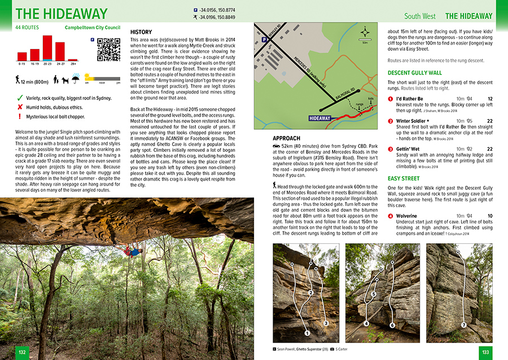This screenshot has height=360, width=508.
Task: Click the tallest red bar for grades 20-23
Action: tap(47, 48)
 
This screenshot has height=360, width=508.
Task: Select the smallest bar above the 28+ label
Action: tap(73, 59)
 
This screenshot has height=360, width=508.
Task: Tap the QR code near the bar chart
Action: tap(108, 50)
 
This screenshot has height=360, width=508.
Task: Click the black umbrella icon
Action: tap(77, 80)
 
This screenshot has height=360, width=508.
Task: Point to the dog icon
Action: tap(65, 81)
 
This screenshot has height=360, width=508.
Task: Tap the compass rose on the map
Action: tap(365, 32)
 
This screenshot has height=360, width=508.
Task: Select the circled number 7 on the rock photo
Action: tap(463, 324)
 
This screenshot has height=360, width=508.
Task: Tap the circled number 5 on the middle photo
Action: tap(374, 294)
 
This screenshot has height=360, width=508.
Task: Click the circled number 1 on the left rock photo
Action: tap(307, 332)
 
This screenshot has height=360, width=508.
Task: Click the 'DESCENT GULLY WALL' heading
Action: tap(415, 73)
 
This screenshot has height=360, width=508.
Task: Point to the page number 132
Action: tap(22, 352)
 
